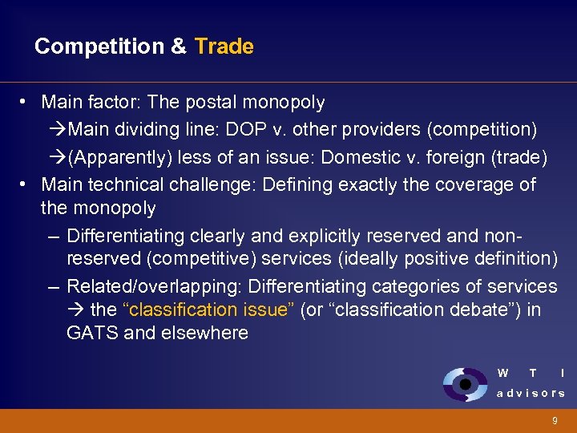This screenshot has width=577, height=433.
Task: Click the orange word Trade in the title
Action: [224, 47]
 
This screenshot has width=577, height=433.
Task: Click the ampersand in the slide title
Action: [179, 47]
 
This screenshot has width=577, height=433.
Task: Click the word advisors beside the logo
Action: [531, 393]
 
